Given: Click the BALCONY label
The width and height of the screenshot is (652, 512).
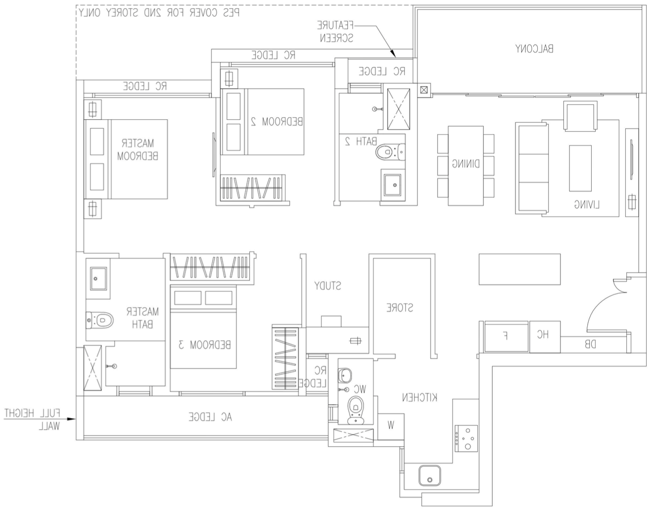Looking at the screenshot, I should (x=534, y=48).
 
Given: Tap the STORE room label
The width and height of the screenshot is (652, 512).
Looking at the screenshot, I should (x=400, y=308).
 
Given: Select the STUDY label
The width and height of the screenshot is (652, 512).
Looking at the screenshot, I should (x=327, y=285).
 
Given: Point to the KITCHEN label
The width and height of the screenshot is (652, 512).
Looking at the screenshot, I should (x=419, y=397).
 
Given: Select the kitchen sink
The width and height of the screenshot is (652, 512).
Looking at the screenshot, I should (x=429, y=475).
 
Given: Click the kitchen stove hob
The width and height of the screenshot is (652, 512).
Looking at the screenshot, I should (x=466, y=438).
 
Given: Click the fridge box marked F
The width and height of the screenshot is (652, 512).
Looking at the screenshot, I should (x=506, y=336).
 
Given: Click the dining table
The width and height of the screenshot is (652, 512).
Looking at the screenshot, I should (x=466, y=165).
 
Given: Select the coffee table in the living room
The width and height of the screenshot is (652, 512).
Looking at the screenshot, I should (x=580, y=168).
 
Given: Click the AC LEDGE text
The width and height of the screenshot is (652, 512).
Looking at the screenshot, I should (x=210, y=417).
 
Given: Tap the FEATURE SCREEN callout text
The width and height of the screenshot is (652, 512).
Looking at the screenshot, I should (x=336, y=31).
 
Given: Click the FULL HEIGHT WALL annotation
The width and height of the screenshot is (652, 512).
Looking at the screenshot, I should (x=33, y=419).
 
